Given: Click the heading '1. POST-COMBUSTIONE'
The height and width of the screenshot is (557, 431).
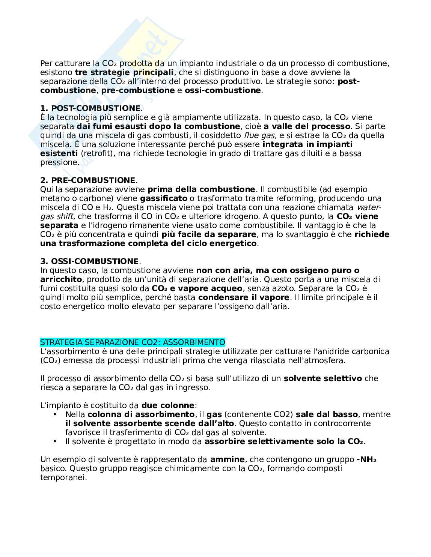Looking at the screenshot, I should pyautogui.click(x=90, y=108).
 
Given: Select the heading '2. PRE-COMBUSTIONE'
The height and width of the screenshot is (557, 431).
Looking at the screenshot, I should pyautogui.click(x=87, y=180).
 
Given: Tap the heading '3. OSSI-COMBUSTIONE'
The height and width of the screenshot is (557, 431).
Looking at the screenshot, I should pyautogui.click(x=89, y=261).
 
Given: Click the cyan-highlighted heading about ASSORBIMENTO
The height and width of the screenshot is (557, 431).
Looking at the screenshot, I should pyautogui.click(x=133, y=342).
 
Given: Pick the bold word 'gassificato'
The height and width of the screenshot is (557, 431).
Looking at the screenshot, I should pyautogui.click(x=163, y=198).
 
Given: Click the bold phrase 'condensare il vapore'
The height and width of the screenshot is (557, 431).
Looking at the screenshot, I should pyautogui.click(x=244, y=297).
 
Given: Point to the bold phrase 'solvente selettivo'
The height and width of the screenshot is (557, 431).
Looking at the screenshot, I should pyautogui.click(x=322, y=378).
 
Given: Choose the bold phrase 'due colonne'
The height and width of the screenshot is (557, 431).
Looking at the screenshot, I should pyautogui.click(x=168, y=405).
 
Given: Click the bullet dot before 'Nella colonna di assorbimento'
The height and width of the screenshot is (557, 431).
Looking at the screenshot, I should pyautogui.click(x=55, y=414).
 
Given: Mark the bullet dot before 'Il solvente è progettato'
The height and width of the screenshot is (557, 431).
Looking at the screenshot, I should pyautogui.click(x=55, y=441).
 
